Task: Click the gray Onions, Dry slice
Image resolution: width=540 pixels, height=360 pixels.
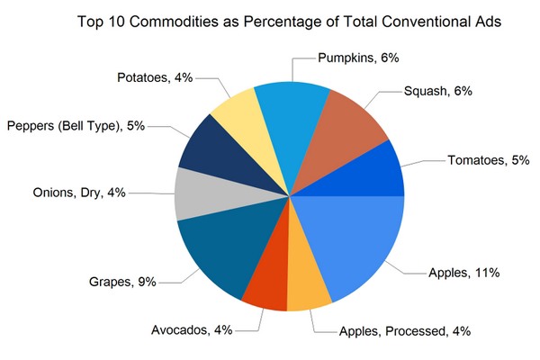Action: click(194, 194)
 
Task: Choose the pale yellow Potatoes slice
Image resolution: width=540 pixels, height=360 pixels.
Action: click(237, 112)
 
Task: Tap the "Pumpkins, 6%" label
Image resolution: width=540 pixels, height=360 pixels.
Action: click(358, 58)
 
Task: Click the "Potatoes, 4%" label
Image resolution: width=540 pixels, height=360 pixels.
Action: click(154, 77)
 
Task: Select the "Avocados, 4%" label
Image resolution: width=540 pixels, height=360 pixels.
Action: click(192, 330)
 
